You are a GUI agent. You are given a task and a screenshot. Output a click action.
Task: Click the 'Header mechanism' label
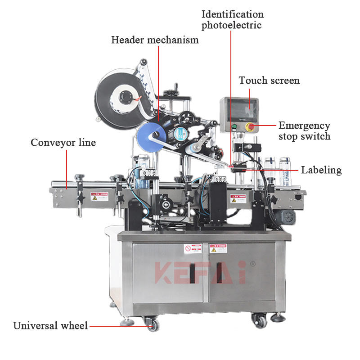155,40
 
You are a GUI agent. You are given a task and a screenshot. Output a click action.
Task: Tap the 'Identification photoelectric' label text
232,20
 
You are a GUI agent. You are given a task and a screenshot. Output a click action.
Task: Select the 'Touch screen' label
269,81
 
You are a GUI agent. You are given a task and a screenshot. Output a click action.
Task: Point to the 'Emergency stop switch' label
304,130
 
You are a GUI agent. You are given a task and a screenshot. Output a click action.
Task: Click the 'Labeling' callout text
321,170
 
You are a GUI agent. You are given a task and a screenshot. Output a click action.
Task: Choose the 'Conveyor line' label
63,143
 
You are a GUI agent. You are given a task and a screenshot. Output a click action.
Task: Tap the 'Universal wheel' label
50,325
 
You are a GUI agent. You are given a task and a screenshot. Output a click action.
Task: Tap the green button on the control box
234,126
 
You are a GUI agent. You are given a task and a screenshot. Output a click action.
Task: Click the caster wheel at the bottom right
260,320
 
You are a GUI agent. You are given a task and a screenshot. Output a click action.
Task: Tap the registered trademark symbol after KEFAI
252,265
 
